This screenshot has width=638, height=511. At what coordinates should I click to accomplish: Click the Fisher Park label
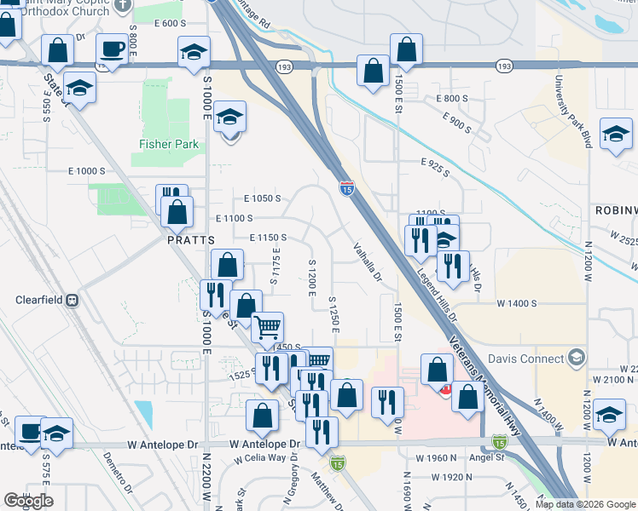point(169,144)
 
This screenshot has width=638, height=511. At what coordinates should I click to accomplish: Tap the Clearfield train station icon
point(72,300)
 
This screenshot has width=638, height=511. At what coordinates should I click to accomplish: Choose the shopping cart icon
point(268,326)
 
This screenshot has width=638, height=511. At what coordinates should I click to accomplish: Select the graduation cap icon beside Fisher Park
point(229,118)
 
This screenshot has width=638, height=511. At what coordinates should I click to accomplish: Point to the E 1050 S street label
point(262,198)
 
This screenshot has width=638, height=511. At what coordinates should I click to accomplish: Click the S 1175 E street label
point(275,267)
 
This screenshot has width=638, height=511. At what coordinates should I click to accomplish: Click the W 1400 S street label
point(516,303)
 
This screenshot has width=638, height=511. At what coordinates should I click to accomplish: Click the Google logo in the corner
point(28,502)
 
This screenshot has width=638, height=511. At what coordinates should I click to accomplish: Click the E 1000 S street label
point(86,171)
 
